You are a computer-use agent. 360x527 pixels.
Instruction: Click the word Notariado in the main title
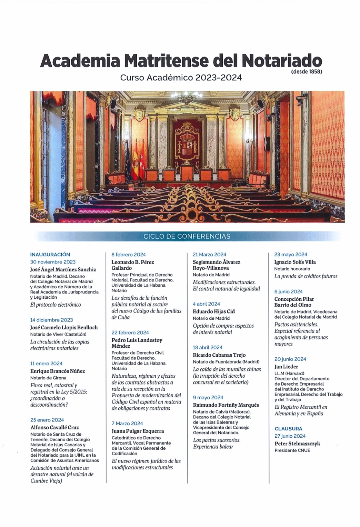tap(281, 61)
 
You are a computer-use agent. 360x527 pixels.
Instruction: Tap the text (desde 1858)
tap(306, 72)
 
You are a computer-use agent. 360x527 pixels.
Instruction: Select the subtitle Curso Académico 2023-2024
tap(181, 78)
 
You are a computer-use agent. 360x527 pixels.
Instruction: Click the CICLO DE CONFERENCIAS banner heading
tap(187, 236)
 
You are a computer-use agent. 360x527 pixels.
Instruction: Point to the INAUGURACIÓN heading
tap(50, 255)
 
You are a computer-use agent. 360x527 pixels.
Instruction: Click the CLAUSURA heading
tap(288, 429)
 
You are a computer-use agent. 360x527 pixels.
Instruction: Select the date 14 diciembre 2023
tap(51, 320)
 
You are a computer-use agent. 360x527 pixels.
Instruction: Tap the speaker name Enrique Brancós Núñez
tap(58, 371)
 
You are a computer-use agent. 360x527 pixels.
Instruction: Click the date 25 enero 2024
tap(47, 420)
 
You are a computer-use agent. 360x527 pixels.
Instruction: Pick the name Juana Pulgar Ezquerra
tap(138, 431)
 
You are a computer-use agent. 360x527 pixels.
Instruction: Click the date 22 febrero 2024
tap(130, 332)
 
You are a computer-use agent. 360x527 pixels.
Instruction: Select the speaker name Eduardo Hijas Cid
tap(214, 311)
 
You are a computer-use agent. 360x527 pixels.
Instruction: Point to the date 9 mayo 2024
tap(208, 397)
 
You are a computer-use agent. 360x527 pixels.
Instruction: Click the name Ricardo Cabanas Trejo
tap(219, 355)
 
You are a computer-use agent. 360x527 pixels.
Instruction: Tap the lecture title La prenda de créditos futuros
tap(306, 276)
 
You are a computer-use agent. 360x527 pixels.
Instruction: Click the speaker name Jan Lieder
tap(286, 367)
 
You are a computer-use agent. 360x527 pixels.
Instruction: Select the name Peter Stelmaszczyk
tap(297, 444)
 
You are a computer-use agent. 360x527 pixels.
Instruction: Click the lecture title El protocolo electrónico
tap(56, 305)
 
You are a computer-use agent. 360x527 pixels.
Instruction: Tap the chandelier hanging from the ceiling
tap(187, 96)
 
